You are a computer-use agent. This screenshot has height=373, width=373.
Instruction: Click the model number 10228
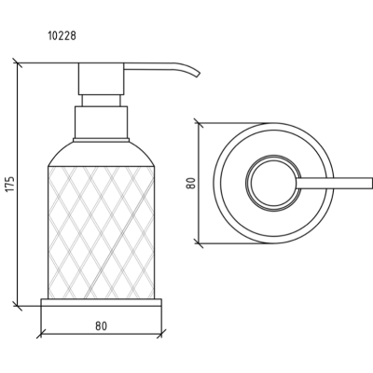coord(62,35)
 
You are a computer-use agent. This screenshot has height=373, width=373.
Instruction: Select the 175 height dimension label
coord(10,184)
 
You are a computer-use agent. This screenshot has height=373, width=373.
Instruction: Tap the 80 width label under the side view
coord(101,326)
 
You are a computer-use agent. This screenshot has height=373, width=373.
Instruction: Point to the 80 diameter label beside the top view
coord(191,183)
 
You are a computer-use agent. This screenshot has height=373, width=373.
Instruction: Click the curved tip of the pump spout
coord(197,74)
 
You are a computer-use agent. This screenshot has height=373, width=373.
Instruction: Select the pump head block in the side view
coord(102,79)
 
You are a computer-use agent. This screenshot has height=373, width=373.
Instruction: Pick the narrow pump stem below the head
coord(102,101)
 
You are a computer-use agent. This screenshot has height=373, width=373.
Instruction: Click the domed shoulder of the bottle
coord(102,155)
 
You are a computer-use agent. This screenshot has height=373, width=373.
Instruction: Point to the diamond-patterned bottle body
coord(102,233)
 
